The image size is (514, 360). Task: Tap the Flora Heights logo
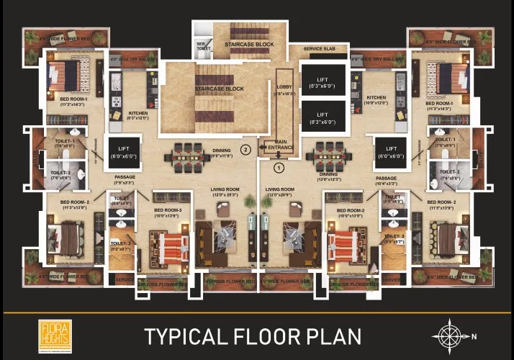point(51,336)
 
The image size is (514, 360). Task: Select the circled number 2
point(245,150)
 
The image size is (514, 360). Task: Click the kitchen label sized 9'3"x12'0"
point(137,115)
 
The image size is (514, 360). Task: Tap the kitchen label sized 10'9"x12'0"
point(377,100)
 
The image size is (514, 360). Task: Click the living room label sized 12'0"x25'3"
point(224,192)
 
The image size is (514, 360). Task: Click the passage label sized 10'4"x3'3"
point(387,179)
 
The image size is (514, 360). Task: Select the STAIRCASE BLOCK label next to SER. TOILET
point(249,45)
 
